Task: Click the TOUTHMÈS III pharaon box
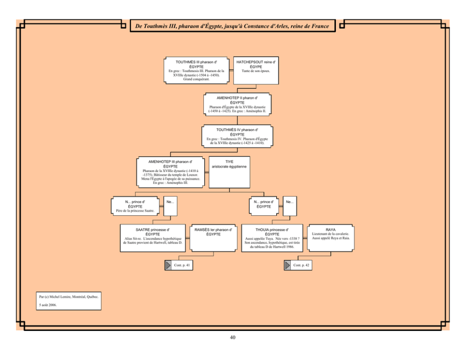[196, 70]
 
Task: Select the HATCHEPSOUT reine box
[256, 70]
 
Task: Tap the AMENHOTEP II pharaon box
[237, 104]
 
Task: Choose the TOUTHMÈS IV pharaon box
[237, 136]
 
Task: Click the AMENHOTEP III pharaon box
[171, 172]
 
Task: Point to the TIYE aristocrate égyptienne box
[229, 172]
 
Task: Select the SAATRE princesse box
[153, 238]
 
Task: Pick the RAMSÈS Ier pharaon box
[213, 238]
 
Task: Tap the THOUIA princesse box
[272, 238]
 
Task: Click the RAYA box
[331, 238]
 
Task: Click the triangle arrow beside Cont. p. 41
[168, 265]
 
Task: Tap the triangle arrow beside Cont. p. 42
[287, 265]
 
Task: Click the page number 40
[233, 337]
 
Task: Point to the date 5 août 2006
[48, 305]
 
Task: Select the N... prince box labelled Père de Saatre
[135, 206]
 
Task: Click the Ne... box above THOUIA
[289, 206]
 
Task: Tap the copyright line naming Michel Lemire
[69, 297]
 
